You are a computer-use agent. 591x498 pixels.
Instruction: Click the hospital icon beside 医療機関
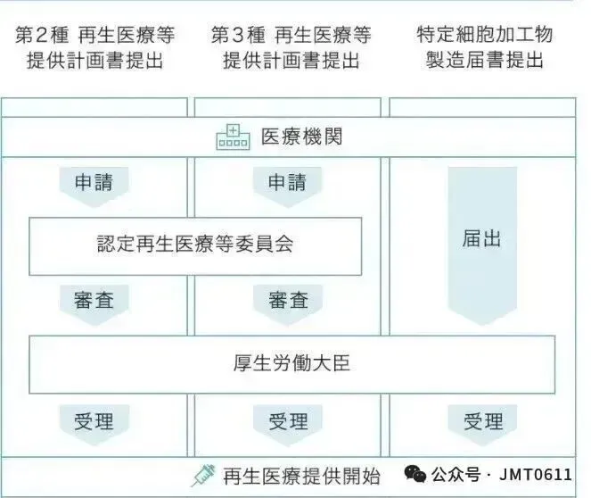[x=234, y=138]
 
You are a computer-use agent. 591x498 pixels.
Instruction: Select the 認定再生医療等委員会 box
[x=195, y=245]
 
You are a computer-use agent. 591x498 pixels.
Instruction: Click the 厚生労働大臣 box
[x=291, y=363]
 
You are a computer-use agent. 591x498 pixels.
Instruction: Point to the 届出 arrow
[x=482, y=241]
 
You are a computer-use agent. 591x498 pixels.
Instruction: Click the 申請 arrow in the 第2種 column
[x=94, y=184]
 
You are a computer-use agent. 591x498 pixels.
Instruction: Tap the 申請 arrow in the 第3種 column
[x=288, y=184]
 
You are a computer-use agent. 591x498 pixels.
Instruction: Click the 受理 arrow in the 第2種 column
[x=94, y=421]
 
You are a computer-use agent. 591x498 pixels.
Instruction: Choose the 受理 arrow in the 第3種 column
[x=288, y=421]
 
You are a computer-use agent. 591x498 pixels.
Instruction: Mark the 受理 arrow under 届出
[x=482, y=421]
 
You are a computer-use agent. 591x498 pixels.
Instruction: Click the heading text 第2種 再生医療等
[x=94, y=36]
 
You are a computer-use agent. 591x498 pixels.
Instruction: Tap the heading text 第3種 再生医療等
[x=291, y=36]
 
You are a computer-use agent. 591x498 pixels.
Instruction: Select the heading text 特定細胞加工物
[x=485, y=36]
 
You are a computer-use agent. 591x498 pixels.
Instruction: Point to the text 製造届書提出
[x=485, y=62]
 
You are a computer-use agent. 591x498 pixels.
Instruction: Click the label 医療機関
[x=301, y=138]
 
